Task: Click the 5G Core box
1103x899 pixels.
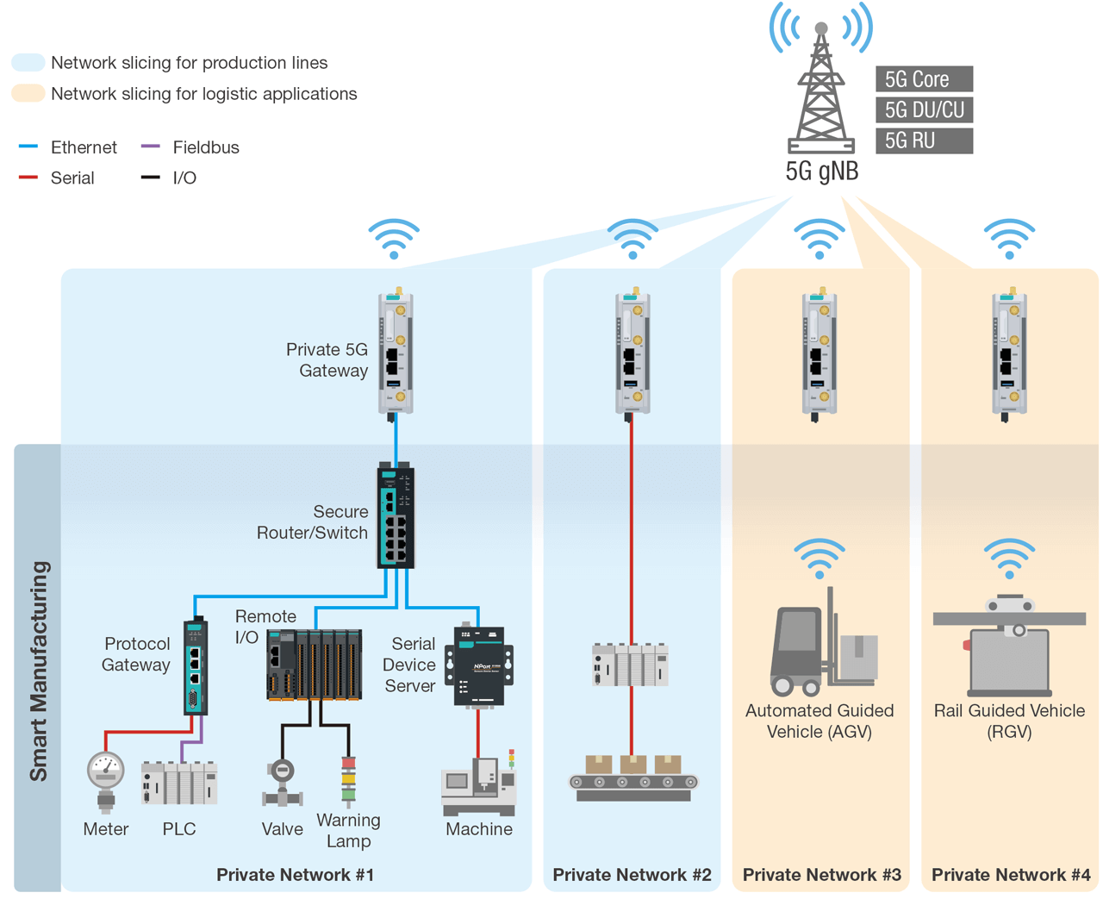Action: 924,79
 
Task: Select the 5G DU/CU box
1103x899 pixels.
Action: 924,110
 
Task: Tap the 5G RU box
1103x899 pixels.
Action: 924,140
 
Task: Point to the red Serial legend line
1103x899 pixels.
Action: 28,178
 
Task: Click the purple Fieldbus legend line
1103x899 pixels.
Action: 151,147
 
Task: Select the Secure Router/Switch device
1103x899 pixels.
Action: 396,517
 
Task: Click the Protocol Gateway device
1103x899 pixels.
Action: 196,666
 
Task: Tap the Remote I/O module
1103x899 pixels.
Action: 314,665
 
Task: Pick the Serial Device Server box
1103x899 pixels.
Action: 479,666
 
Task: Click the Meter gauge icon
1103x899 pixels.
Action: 106,780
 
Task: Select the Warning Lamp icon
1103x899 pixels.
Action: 348,780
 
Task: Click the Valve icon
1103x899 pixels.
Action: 282,782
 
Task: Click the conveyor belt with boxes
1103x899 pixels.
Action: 633,778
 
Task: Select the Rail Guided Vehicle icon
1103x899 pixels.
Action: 1009,646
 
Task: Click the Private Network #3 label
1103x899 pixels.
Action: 821,875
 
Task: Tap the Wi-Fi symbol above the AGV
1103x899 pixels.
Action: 819,559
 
